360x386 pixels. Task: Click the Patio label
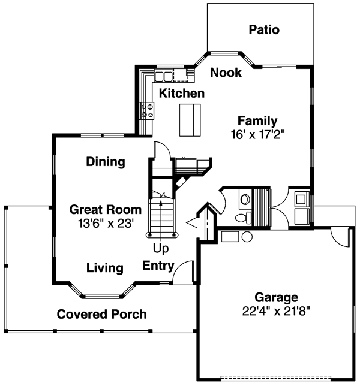coord(265,29)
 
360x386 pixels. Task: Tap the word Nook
coord(226,73)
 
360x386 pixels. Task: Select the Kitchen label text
coord(182,94)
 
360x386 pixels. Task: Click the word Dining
coord(106,162)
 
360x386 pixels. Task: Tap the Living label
coord(104,268)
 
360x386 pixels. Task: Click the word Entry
coord(158,266)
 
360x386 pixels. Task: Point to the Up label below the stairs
coord(160,248)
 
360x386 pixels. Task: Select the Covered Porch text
coord(102,314)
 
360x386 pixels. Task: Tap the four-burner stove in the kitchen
coord(146,110)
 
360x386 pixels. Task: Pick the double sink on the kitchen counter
coord(163,76)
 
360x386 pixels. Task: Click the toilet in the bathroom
coord(242,218)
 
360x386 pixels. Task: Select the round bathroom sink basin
coord(244,198)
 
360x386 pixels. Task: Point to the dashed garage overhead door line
coord(280,378)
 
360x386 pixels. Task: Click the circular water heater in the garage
coord(247,237)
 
